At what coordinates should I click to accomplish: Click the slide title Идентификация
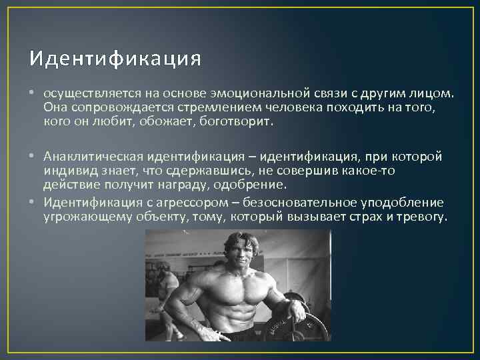point(115,59)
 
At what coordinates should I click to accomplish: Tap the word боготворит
point(236,122)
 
